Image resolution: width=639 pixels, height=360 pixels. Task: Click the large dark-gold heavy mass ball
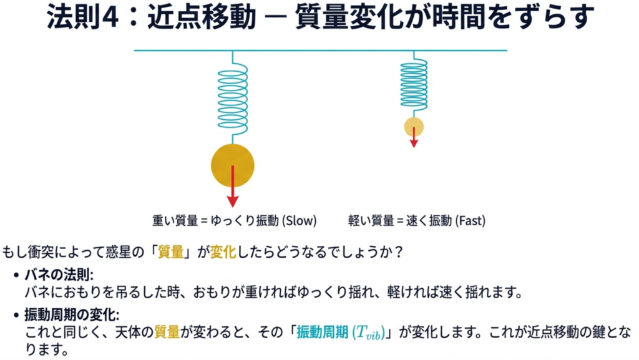tap(233, 165)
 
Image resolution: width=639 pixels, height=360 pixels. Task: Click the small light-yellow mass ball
tap(414, 127)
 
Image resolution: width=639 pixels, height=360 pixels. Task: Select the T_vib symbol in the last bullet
tap(368, 333)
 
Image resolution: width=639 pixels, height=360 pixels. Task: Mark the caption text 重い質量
tap(174, 220)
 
